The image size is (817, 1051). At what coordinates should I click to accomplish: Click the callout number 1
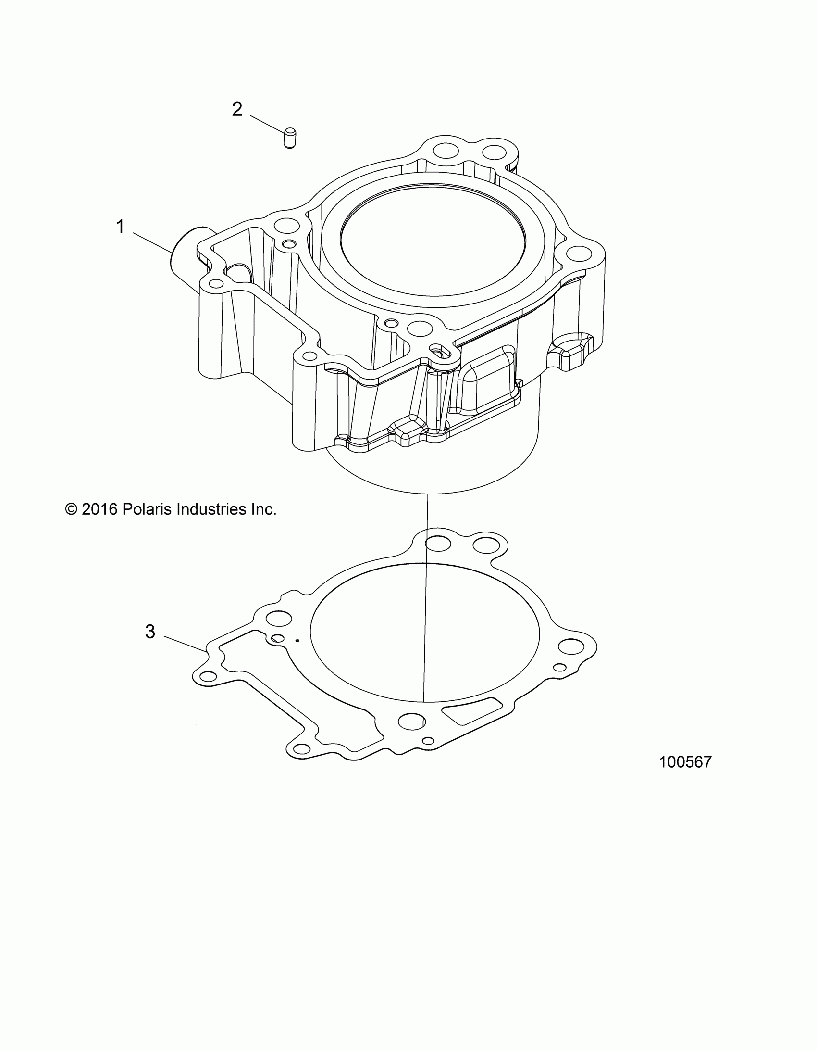coord(120,227)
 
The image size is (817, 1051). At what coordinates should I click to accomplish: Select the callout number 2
coord(237,110)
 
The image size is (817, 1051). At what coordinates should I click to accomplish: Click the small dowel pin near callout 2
coord(289,138)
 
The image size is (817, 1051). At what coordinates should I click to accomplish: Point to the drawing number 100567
coord(685,762)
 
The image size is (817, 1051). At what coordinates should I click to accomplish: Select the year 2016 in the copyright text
coord(99,509)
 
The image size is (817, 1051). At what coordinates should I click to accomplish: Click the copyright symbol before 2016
coord(71,509)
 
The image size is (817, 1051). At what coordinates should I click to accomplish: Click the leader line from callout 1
coord(152,242)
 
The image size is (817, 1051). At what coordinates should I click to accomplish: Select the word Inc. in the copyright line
coord(263,509)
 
